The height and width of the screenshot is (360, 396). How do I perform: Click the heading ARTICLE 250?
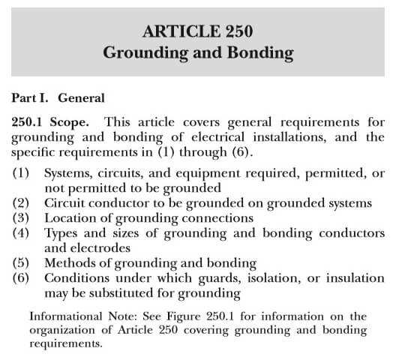pyautogui.click(x=198, y=32)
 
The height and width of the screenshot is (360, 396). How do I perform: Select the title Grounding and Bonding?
pyautogui.click(x=198, y=53)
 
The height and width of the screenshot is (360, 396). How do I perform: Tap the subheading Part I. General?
pyautogui.click(x=58, y=97)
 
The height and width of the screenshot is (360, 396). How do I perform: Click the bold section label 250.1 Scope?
pyautogui.click(x=53, y=121)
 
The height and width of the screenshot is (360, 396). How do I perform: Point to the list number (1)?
pyautogui.click(x=22, y=173)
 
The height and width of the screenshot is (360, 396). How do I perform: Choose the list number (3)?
pyautogui.click(x=22, y=217)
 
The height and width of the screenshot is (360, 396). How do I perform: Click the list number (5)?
pyautogui.click(x=22, y=262)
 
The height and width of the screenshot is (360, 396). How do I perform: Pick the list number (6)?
pyautogui.click(x=22, y=277)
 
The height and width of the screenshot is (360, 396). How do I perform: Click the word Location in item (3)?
pyautogui.click(x=72, y=217)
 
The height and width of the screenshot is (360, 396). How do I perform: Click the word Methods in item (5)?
pyautogui.click(x=70, y=262)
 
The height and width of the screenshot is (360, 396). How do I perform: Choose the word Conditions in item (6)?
pyautogui.click(x=77, y=277)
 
